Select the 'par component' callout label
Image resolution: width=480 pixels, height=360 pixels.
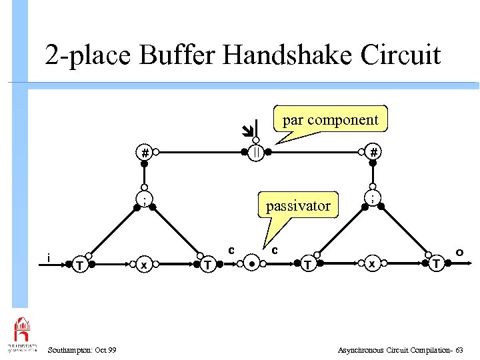pos(330,120)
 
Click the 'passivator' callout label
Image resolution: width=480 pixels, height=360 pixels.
pos(298,205)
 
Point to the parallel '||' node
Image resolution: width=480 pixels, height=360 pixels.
pos(256,153)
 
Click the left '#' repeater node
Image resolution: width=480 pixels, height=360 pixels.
pos(145,153)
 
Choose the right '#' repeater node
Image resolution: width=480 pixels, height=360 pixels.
pos(375,153)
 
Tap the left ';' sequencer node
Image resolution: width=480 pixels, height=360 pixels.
pos(144,199)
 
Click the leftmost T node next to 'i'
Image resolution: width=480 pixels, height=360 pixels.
pos(79,265)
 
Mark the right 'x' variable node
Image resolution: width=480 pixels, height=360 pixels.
pos(374,265)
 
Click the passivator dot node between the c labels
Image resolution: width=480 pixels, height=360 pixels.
pos(252,264)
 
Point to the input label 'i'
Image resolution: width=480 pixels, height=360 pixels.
pos(49,257)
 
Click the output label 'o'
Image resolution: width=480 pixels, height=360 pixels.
pos(460,252)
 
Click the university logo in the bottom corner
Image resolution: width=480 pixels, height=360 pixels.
pos(22,333)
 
